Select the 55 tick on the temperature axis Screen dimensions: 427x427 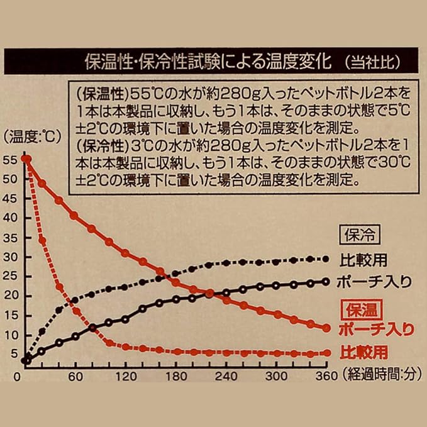coord(11,159)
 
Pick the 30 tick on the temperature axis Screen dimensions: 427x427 coord(11,257)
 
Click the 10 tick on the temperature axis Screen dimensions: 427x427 coord(11,335)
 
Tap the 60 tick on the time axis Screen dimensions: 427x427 coord(75,377)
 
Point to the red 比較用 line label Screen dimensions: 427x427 coord(365,352)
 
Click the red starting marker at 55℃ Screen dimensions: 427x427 coord(26,159)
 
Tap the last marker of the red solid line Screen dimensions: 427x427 coord(326,328)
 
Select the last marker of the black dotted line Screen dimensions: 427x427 coord(326,258)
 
